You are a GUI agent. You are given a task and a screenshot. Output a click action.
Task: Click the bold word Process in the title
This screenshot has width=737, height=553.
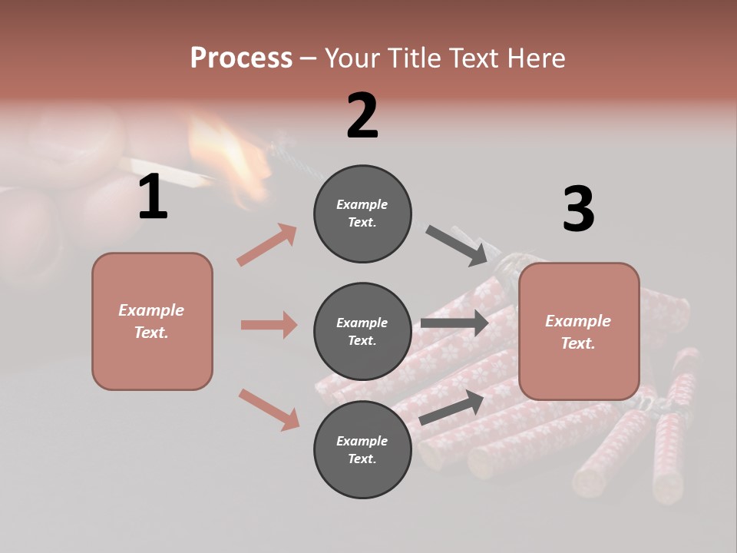[241, 58]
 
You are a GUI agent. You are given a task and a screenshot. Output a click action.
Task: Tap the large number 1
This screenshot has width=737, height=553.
[153, 197]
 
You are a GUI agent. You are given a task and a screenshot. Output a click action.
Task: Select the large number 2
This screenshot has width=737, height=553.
[362, 115]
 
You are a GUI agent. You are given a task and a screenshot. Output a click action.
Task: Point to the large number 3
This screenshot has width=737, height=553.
[578, 210]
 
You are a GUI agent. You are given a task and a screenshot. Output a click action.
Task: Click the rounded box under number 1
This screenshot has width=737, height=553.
[152, 321]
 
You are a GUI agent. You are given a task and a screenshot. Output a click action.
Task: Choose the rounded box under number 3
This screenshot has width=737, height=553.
[579, 331]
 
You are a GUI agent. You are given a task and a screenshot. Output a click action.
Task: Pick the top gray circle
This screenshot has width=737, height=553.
[362, 213]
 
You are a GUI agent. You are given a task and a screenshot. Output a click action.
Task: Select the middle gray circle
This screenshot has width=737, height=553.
[362, 331]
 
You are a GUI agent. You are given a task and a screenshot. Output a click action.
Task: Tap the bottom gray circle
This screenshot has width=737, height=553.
[362, 449]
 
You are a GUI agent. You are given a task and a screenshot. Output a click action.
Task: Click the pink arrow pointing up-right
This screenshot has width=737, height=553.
[267, 244]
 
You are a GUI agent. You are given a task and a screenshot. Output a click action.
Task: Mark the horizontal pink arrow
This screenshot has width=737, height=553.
[269, 325]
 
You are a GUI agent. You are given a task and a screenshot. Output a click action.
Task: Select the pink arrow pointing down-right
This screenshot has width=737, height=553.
[269, 409]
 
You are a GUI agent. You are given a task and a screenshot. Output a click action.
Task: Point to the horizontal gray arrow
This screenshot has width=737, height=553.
[454, 323]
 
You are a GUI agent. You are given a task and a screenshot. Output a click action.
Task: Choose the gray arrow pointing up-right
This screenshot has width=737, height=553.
[451, 408]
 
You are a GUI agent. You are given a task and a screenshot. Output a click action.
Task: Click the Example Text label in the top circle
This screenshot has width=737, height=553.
[362, 213]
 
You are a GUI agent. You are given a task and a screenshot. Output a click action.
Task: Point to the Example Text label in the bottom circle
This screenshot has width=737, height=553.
[362, 449]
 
